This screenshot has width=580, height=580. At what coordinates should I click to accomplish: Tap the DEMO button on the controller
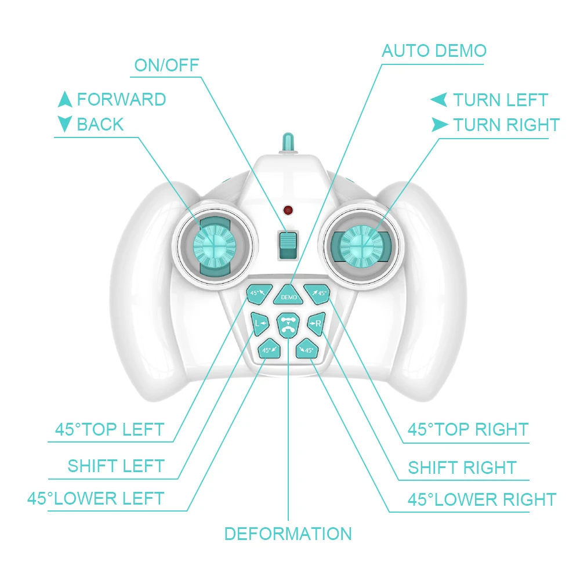pyautogui.click(x=289, y=295)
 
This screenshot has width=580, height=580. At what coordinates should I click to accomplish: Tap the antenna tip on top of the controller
pyautogui.click(x=287, y=141)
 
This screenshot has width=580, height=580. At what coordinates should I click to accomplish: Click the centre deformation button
pyautogui.click(x=287, y=325)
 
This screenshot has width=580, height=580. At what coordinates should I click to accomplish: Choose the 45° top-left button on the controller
pyautogui.click(x=257, y=293)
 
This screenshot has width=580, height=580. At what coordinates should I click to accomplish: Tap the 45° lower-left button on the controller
pyautogui.click(x=269, y=350)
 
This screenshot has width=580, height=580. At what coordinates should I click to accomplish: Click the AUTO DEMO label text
pyautogui.click(x=434, y=51)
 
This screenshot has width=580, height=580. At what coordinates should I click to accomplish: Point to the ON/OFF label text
pyautogui.click(x=166, y=65)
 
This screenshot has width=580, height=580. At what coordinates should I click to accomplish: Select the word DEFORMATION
pyautogui.click(x=288, y=534)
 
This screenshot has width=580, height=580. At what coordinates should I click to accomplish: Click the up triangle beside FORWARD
pyautogui.click(x=65, y=100)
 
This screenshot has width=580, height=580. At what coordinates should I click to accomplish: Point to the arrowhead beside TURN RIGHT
pyautogui.click(x=440, y=124)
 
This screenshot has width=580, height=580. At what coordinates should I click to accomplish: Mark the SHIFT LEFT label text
pyautogui.click(x=116, y=466)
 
